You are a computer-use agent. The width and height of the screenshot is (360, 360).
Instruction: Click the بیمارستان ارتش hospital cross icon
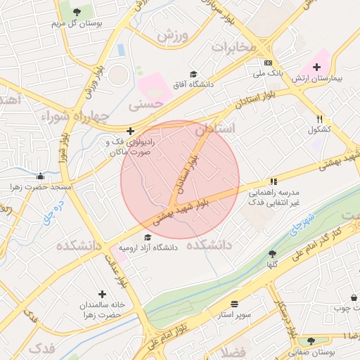(x=317, y=66)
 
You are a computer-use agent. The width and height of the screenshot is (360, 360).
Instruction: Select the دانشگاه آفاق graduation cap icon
(x=193, y=74)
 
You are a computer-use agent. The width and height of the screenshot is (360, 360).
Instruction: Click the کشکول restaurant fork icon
(x=321, y=119)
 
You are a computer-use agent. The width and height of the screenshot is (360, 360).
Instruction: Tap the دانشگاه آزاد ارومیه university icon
(x=147, y=237)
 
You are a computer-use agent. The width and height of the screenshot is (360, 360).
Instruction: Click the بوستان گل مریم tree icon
(x=77, y=11)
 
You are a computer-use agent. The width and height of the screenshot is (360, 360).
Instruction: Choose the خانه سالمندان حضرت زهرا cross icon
(x=103, y=294)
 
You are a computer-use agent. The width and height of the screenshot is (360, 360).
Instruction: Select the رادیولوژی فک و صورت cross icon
(x=130, y=130)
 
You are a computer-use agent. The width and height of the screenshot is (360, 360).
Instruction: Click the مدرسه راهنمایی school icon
(x=273, y=181)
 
